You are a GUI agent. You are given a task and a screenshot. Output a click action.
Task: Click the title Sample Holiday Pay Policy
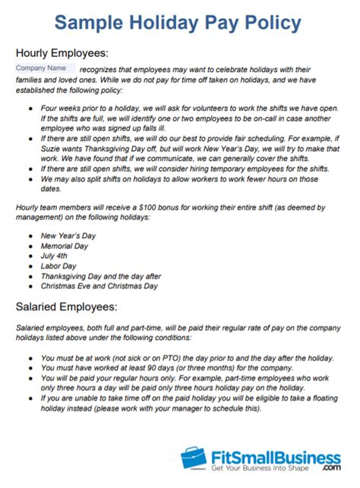(180, 23)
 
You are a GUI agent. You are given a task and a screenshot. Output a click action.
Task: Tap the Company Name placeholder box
(44, 69)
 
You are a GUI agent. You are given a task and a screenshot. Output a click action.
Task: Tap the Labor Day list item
(60, 256)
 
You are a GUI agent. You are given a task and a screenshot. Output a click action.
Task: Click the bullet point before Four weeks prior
(29, 112)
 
